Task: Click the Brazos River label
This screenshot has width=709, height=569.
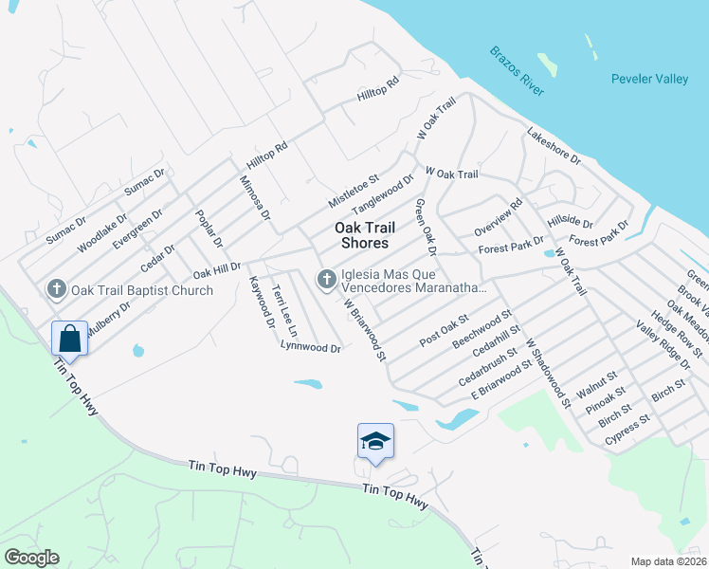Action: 517,70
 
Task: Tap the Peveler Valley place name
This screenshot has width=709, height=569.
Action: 649,80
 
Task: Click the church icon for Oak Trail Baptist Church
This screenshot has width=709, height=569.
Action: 56,289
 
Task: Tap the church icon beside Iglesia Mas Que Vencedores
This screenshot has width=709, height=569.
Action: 326,279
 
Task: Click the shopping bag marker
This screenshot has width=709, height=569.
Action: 70,337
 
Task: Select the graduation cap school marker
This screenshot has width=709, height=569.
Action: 375,441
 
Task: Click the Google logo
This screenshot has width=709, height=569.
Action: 30,558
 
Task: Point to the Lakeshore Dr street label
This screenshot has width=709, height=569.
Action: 554,148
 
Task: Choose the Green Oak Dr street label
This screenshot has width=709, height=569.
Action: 424,229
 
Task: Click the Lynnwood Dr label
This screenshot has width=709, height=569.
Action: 310,348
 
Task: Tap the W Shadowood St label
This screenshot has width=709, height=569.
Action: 547,374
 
